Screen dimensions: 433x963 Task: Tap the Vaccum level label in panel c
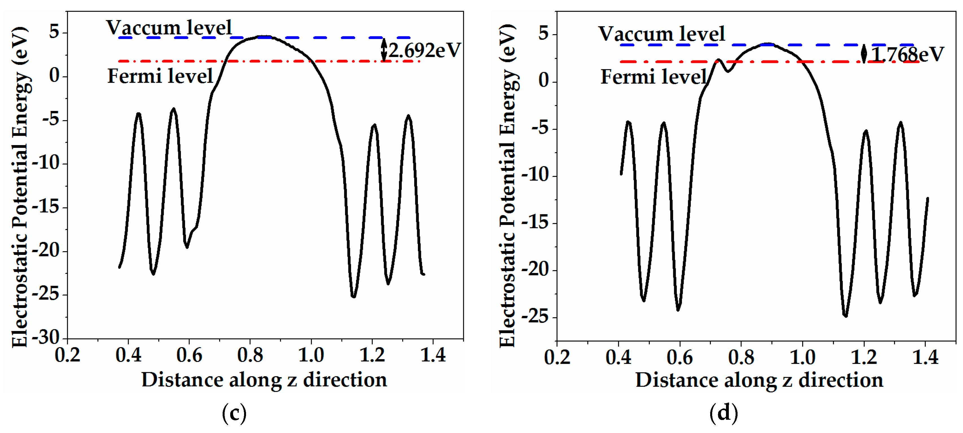[169, 27]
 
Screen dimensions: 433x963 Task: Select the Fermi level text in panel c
[160, 76]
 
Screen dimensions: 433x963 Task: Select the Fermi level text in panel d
[654, 77]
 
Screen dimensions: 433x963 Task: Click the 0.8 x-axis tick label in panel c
[250, 355]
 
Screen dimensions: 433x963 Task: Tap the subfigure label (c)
[234, 413]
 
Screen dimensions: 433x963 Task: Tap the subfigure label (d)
[723, 413]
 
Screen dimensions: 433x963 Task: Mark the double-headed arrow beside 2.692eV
[383, 49]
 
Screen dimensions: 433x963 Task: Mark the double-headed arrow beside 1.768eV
[864, 53]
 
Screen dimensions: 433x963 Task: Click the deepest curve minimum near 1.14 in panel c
[353, 296]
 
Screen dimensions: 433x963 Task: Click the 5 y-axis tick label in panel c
[54, 32]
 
